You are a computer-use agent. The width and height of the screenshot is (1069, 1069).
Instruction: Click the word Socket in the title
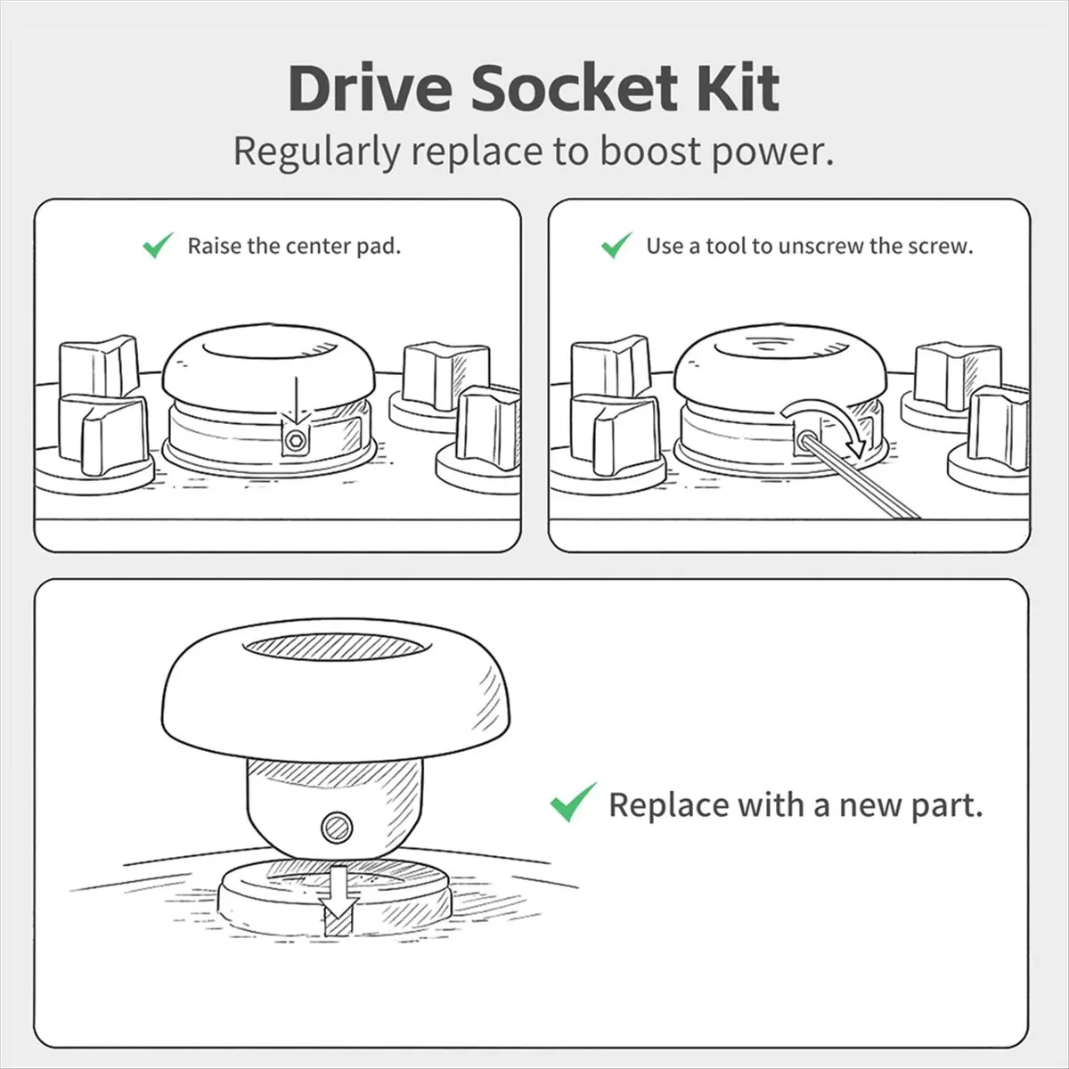click(574, 88)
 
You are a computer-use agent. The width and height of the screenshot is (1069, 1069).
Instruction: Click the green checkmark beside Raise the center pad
click(158, 245)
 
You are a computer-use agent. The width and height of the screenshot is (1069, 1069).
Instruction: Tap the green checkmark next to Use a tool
click(616, 245)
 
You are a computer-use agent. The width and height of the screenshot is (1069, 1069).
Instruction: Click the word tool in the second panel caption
click(726, 246)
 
